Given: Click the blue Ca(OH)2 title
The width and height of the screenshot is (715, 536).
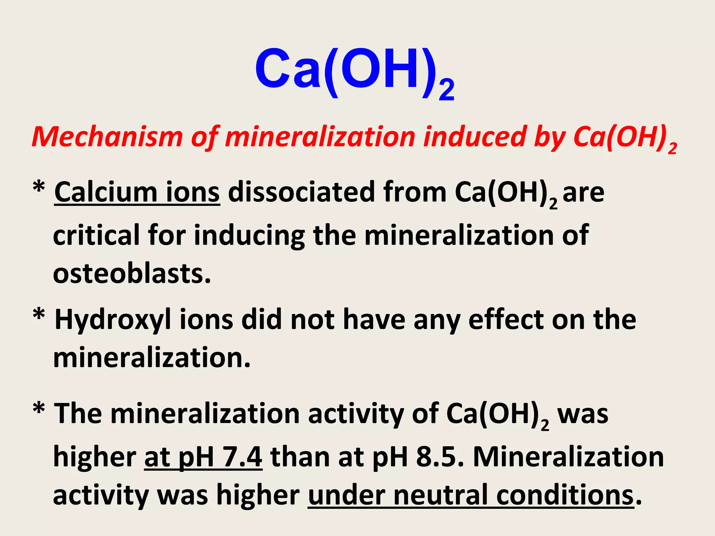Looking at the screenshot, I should pyautogui.click(x=354, y=70).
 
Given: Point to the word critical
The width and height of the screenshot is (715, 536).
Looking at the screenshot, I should pyautogui.click(x=96, y=235).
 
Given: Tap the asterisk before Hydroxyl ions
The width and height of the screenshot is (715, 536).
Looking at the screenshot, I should pyautogui.click(x=39, y=316).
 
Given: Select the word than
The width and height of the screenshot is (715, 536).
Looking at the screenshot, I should pyautogui.click(x=300, y=457).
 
